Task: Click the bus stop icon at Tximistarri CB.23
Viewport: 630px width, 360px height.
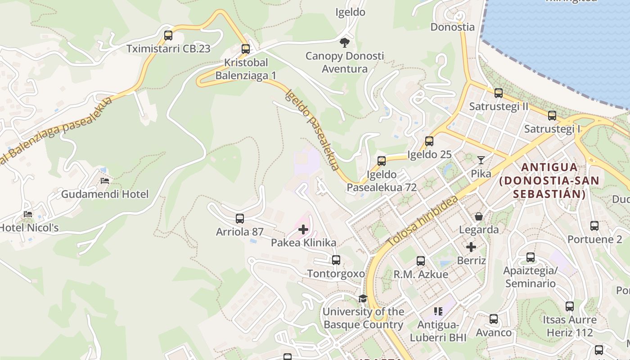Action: [x=168, y=36]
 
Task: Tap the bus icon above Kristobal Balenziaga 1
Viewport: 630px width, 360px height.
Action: [x=245, y=49]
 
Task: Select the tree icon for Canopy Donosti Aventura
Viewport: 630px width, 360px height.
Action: [x=345, y=43]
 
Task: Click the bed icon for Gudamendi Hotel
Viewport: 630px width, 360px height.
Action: [x=105, y=181]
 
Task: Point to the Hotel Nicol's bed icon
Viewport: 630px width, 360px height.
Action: [x=28, y=214]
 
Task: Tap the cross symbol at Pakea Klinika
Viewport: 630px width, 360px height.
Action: [x=303, y=229]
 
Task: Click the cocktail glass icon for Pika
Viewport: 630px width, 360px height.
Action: [x=481, y=160]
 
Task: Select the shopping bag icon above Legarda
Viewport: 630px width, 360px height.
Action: [x=479, y=216]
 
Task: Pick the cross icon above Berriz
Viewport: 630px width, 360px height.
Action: [x=471, y=247]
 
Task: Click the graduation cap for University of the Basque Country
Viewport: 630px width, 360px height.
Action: [x=363, y=298]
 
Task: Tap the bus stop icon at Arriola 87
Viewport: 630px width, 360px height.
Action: [x=240, y=219]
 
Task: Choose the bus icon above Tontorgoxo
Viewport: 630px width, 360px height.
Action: [x=336, y=260]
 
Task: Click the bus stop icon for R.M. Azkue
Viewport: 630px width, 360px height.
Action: [x=421, y=261]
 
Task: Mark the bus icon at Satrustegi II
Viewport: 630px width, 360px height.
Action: [x=499, y=93]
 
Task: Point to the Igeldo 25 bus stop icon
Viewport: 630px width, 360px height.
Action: [x=429, y=141]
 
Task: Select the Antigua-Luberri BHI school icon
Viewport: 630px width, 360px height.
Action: [x=438, y=311]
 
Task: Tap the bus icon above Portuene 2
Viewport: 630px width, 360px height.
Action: [x=594, y=226]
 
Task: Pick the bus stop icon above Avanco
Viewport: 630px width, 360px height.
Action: [x=494, y=319]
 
